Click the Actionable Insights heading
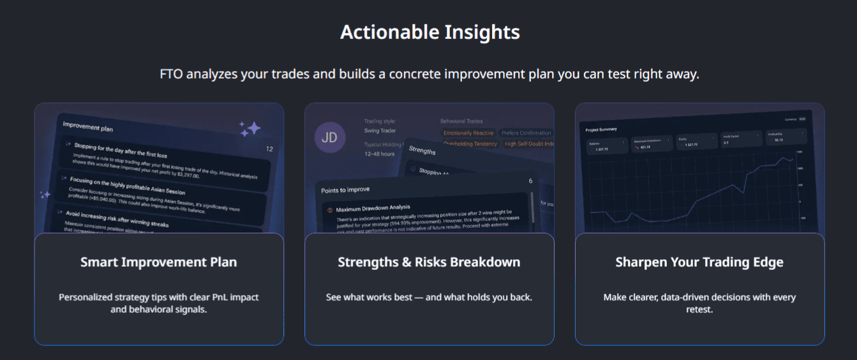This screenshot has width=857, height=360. click(x=429, y=32)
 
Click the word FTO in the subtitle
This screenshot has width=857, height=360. click(x=171, y=74)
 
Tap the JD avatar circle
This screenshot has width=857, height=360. click(x=330, y=137)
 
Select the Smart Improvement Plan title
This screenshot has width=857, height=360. click(x=158, y=262)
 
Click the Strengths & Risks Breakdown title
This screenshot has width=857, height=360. click(x=429, y=262)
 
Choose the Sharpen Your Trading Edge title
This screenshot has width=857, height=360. click(x=699, y=262)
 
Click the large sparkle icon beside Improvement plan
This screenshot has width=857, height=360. click(x=251, y=129)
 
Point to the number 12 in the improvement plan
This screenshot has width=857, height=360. click(x=269, y=149)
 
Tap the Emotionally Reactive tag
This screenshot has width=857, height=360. click(x=468, y=133)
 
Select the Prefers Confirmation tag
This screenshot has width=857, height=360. click(x=526, y=133)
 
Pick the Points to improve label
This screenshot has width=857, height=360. click(x=345, y=190)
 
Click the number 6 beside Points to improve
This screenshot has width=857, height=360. click(x=530, y=181)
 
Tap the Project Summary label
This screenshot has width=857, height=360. click(x=601, y=130)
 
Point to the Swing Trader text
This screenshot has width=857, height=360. click(x=380, y=130)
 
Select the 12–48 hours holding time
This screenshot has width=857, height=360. click(x=379, y=154)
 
